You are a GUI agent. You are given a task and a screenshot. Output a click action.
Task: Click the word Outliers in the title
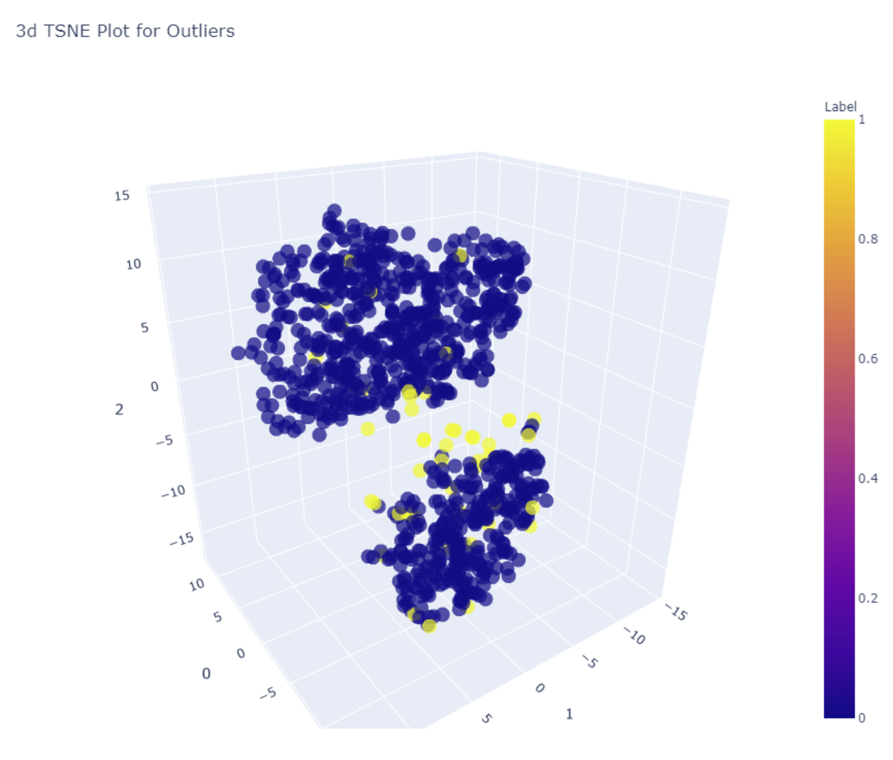click(x=200, y=31)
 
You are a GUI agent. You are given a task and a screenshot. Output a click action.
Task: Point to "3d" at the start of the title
click(x=26, y=31)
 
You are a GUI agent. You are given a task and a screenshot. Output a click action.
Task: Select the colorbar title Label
click(x=840, y=107)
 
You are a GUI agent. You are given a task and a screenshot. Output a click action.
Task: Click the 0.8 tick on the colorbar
click(x=868, y=239)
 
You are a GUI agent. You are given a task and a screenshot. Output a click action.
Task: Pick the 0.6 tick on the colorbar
click(x=868, y=359)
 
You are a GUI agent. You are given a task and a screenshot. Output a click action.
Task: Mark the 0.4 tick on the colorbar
click(x=868, y=478)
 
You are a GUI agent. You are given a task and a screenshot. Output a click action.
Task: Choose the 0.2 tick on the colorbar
click(x=868, y=598)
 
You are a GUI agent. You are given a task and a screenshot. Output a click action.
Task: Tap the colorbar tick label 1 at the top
click(x=861, y=120)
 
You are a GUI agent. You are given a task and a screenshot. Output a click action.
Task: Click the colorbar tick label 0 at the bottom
click(x=861, y=717)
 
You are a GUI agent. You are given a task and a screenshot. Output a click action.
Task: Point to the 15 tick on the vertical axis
click(x=122, y=195)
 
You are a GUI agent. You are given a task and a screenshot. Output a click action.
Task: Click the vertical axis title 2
click(x=119, y=409)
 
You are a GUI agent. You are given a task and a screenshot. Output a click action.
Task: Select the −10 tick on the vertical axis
click(x=173, y=492)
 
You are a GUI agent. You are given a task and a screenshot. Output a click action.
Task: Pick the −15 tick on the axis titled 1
click(x=677, y=611)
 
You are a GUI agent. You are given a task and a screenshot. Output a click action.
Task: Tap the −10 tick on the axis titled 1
click(x=635, y=636)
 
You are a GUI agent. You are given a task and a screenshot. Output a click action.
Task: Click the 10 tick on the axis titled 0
click(x=196, y=585)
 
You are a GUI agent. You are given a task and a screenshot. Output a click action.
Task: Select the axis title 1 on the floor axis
click(x=569, y=714)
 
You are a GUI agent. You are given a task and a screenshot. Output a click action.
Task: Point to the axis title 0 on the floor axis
click(x=206, y=673)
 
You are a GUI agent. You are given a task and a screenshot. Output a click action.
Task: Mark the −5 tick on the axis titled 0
click(x=268, y=693)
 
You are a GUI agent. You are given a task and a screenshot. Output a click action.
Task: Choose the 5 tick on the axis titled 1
click(x=487, y=718)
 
